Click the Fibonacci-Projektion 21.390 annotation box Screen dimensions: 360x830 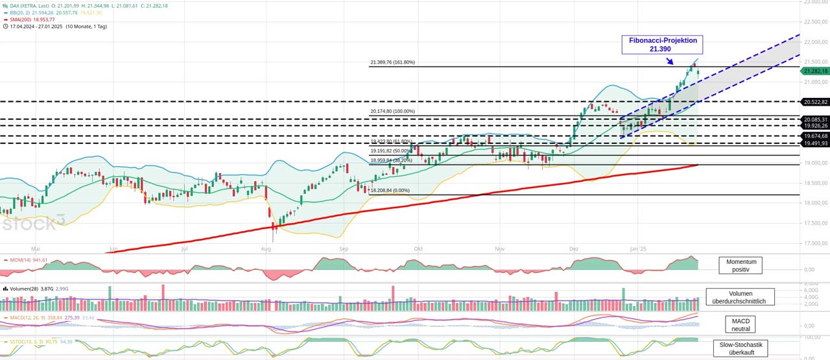(x=662, y=44)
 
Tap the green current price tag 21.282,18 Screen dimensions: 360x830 (x=816, y=71)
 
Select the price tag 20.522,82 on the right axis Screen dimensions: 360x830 (x=816, y=102)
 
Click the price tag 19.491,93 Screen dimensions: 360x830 (x=816, y=143)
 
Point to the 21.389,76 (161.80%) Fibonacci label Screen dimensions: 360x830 (x=392, y=62)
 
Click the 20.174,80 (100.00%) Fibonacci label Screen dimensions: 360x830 (x=392, y=112)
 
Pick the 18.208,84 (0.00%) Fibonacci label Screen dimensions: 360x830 (x=390, y=190)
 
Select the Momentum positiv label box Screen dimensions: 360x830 (x=740, y=265)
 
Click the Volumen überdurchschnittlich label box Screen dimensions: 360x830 (x=740, y=296)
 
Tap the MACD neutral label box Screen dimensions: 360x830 (x=740, y=324)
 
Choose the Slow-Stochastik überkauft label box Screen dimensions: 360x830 (x=740, y=348)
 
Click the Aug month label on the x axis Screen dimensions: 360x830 (x=265, y=248)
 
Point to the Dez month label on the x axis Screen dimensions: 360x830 (x=574, y=248)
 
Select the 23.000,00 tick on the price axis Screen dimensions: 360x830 (x=816, y=3)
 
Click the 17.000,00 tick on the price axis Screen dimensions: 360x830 (x=816, y=244)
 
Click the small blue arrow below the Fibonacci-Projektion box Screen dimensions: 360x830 (x=670, y=62)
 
